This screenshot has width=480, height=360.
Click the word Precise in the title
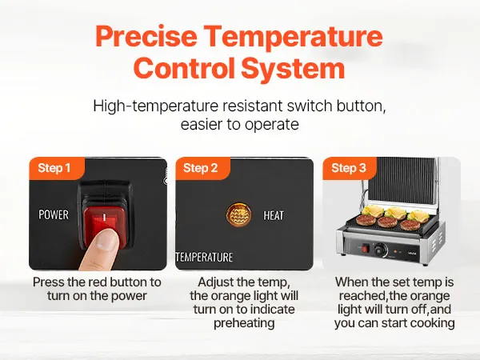tap(146, 36)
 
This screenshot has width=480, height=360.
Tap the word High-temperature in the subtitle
tap(155, 106)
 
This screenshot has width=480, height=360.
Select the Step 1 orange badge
tap(57, 168)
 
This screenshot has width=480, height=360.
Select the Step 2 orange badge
tap(202, 168)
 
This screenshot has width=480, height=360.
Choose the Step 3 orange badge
tap(350, 168)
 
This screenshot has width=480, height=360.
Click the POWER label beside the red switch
tap(54, 214)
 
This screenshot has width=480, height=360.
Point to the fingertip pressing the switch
tap(106, 239)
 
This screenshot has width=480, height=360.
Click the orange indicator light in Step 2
tap(238, 214)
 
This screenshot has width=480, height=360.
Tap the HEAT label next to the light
tap(274, 215)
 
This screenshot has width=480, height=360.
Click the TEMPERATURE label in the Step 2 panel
tap(204, 257)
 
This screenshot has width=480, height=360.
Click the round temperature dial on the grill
tap(381, 250)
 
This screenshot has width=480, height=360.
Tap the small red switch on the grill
tap(365, 249)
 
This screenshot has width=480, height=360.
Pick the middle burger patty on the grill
tap(387, 222)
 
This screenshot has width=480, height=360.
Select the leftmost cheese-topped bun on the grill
tap(373, 211)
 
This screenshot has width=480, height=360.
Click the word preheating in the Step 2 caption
tap(244, 323)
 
